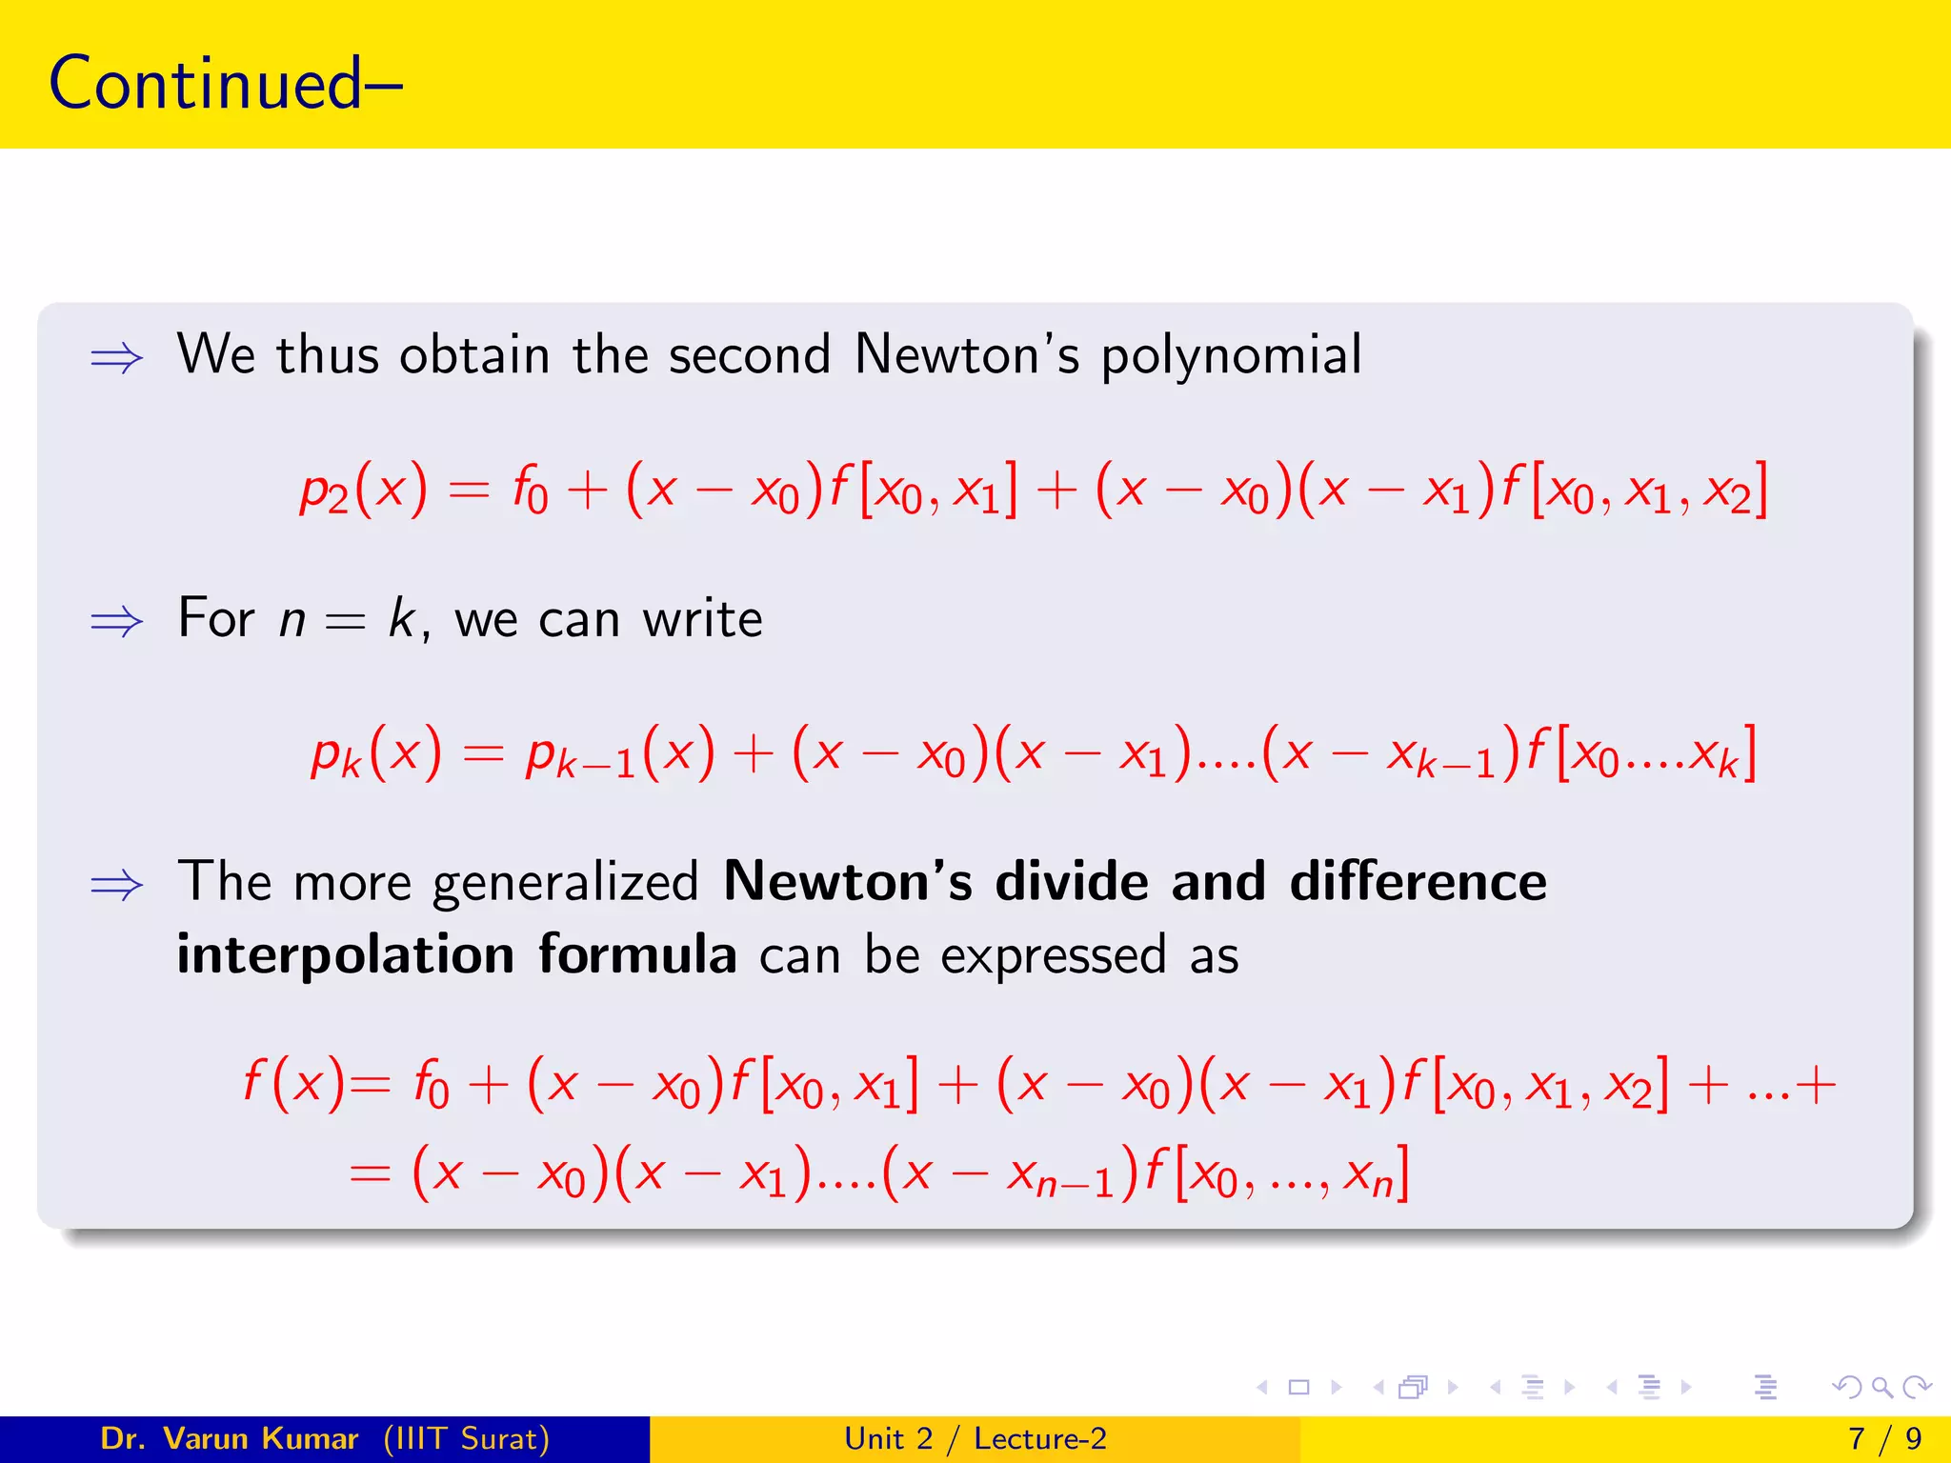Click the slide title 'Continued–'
click(225, 84)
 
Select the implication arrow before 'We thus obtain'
click(116, 359)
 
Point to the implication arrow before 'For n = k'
click(116, 622)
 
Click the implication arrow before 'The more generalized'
click(116, 885)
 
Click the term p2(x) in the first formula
click(363, 491)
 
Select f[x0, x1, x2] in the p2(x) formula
click(1635, 491)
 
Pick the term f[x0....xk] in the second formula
click(1640, 753)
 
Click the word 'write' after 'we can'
click(702, 620)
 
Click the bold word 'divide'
click(1072, 881)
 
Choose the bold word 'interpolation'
click(346, 955)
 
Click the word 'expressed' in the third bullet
click(1053, 955)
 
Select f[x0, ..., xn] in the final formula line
click(1277, 1174)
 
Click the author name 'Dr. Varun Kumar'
click(229, 1438)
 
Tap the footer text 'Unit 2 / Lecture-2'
click(975, 1438)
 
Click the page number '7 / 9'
click(1884, 1438)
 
